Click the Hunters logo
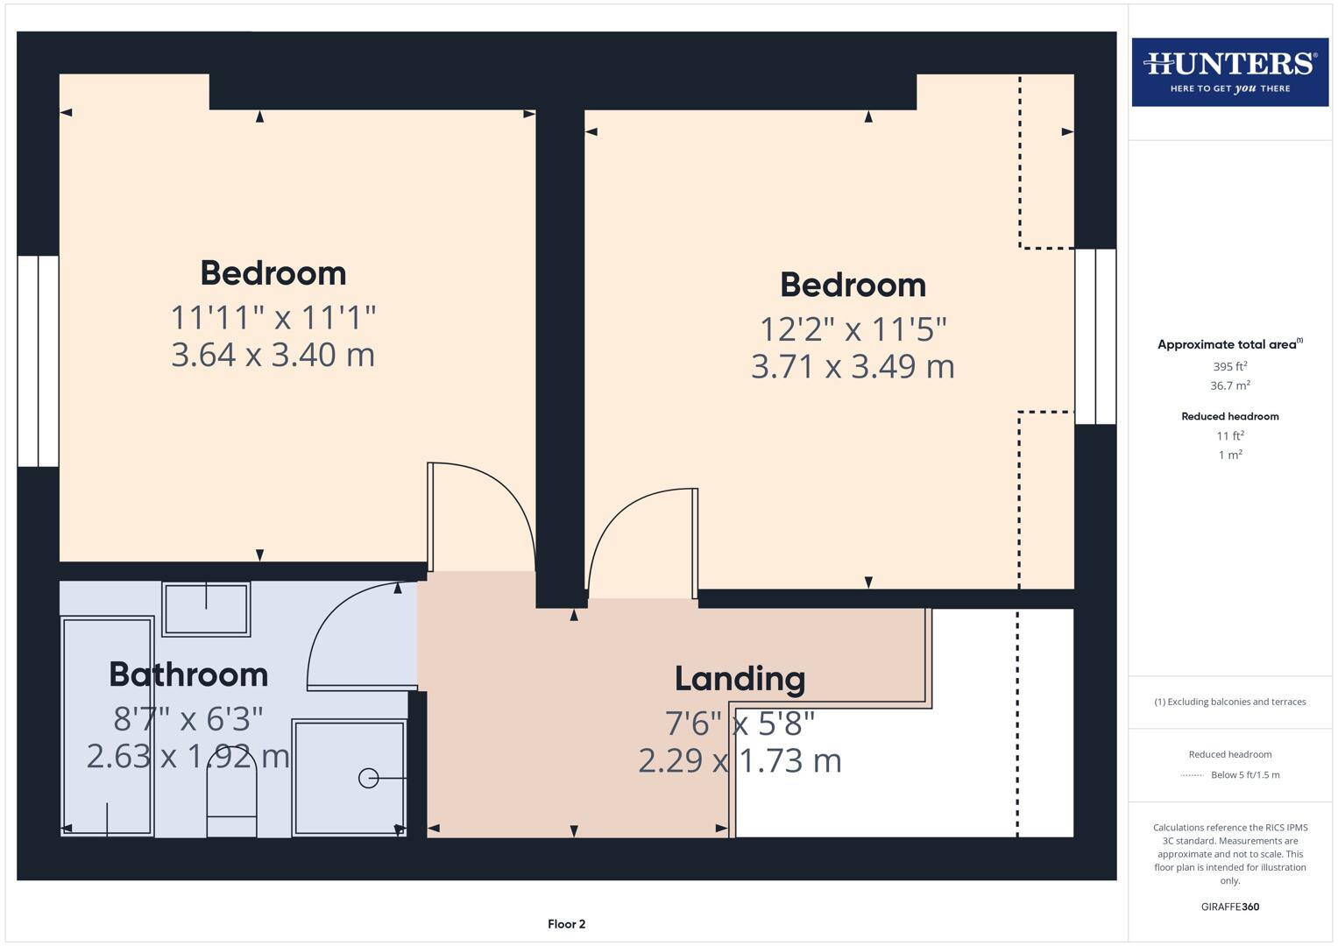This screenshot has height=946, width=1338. point(1229,71)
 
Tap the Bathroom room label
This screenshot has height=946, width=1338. point(188,674)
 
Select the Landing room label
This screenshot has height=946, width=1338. point(740,679)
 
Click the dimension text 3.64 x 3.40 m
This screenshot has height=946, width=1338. point(273,355)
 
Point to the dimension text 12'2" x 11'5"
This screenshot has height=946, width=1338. point(853,329)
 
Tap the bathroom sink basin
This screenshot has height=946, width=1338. point(206,608)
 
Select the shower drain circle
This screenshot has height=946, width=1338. point(369,778)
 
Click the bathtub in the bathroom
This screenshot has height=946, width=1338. point(107,725)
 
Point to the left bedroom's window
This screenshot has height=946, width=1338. point(38,361)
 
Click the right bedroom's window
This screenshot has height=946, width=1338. point(1095,336)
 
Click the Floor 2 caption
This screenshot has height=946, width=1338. point(566,924)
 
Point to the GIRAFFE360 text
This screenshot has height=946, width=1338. point(1229,907)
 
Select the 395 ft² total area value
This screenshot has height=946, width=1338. point(1229,367)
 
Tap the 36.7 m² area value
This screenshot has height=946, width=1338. point(1229,385)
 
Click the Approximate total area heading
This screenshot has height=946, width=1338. point(1229,344)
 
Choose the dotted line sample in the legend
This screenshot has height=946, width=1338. point(1192,775)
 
